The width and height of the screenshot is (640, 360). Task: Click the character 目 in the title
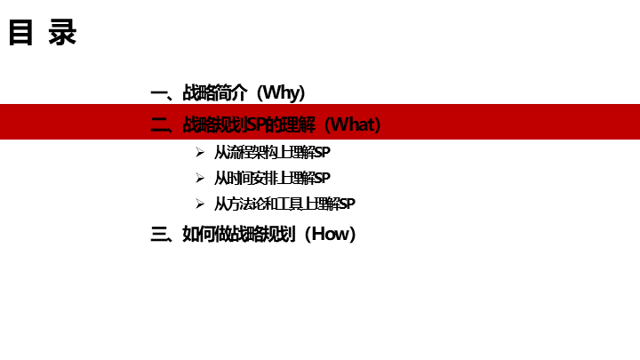pos(22,34)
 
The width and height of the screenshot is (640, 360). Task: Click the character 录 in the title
pos(62,34)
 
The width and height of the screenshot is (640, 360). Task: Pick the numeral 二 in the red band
pos(160,124)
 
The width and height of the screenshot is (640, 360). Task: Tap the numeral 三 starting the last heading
pos(160,235)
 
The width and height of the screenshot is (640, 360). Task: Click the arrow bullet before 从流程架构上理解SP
pos(200,153)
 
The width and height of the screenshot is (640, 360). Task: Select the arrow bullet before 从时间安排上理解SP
pos(200,179)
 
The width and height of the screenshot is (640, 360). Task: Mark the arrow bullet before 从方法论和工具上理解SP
pos(200,204)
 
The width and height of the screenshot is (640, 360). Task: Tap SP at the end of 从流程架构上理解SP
pos(324,153)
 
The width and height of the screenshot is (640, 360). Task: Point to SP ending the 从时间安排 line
pos(324,179)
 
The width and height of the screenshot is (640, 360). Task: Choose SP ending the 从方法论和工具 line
pos(348,204)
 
